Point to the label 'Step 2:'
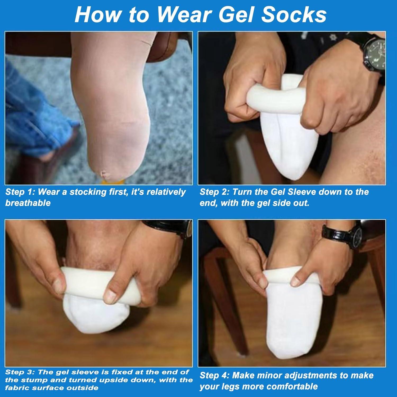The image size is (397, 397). [x=214, y=192]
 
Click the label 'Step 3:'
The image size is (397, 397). [x=20, y=372]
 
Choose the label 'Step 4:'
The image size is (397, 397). [x=214, y=375]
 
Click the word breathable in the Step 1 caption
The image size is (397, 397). [x=28, y=203]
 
